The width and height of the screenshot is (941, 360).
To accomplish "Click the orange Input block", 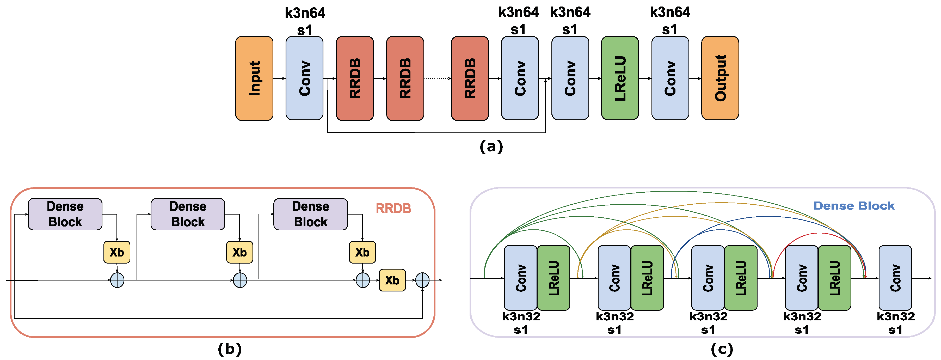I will pyautogui.click(x=254, y=78).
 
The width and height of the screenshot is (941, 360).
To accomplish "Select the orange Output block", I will pyautogui.click(x=720, y=78).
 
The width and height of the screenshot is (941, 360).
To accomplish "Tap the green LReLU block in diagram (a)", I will pyautogui.click(x=620, y=78).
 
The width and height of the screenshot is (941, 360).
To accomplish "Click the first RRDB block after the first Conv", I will pyautogui.click(x=355, y=78).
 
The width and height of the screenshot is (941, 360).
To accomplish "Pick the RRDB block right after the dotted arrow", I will pyautogui.click(x=470, y=78).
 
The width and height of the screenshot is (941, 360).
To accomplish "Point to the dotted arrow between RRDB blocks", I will pyautogui.click(x=437, y=78).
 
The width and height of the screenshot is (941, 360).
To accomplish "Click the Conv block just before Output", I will pyautogui.click(x=670, y=78).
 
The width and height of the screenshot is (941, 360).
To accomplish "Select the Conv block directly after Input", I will pyautogui.click(x=304, y=78).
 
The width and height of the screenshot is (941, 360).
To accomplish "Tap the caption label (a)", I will pyautogui.click(x=491, y=147).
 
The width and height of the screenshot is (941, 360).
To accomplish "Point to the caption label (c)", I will pyautogui.click(x=722, y=349).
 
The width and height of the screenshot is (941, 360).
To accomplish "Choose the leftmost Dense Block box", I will pyautogui.click(x=65, y=214).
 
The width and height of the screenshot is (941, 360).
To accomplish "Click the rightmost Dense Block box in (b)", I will pyautogui.click(x=311, y=214).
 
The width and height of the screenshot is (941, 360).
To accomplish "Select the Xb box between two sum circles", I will pyautogui.click(x=392, y=280).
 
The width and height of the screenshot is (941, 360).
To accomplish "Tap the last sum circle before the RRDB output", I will pyautogui.click(x=422, y=280).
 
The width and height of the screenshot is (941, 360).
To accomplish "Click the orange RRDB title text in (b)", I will pyautogui.click(x=393, y=208).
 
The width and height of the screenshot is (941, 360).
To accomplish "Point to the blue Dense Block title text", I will pyautogui.click(x=854, y=206).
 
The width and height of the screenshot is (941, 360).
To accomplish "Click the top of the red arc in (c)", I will pyautogui.click(x=819, y=233).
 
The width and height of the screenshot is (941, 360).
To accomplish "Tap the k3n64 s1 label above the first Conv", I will pyautogui.click(x=305, y=21).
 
